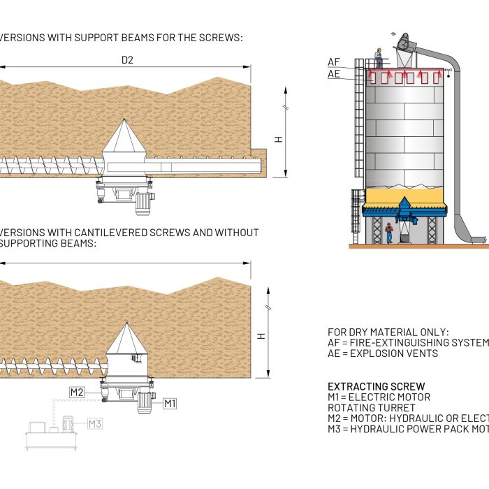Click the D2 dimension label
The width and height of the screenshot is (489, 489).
[x=127, y=60]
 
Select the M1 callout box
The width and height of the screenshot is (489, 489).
[x=170, y=403]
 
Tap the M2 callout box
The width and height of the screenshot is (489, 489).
[x=77, y=393]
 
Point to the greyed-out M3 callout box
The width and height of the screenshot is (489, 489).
[x=94, y=423]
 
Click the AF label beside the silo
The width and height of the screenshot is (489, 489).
[x=334, y=62]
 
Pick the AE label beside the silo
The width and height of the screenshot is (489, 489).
[x=334, y=73]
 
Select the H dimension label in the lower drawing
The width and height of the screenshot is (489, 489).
[x=261, y=336]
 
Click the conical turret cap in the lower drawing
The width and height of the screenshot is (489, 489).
[x=126, y=339]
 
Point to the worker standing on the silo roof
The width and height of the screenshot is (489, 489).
[x=379, y=57]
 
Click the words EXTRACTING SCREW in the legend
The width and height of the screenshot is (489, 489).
[x=377, y=386]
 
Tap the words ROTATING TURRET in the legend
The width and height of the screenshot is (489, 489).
[x=372, y=408]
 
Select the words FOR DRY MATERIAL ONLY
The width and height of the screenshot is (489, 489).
[x=388, y=332]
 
